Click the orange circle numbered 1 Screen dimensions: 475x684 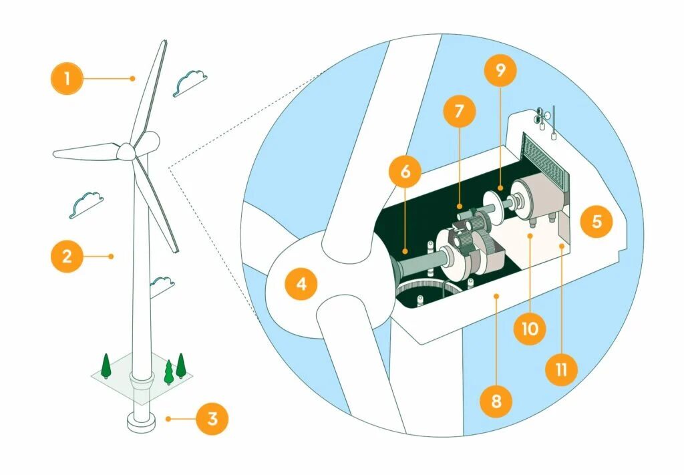coord(67,79)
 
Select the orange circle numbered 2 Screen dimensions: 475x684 coord(67,256)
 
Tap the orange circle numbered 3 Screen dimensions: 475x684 coord(212,419)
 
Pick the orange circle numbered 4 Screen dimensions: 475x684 coord(301,284)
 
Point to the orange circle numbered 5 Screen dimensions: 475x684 coord(596,221)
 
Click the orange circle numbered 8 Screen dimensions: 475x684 coord(497,402)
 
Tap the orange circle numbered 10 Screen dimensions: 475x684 coord(532,328)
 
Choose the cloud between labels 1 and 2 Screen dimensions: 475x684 coord(86,203)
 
